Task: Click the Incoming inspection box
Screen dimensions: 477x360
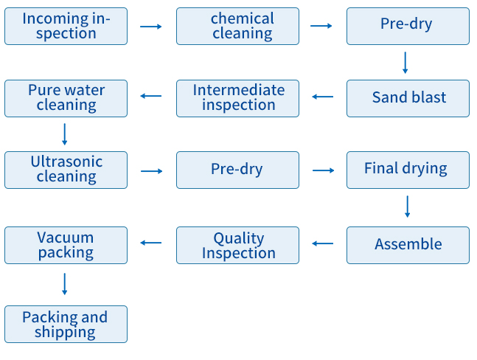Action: click(x=66, y=26)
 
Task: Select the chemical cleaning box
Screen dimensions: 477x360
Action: click(x=237, y=26)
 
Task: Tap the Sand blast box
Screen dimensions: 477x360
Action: click(x=408, y=98)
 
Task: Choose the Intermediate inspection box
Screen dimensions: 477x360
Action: click(x=237, y=98)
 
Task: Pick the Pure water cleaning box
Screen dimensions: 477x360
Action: click(x=66, y=98)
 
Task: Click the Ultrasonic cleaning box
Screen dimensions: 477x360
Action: click(x=66, y=170)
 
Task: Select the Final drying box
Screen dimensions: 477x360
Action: click(x=408, y=170)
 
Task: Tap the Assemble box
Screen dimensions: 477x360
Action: click(x=408, y=245)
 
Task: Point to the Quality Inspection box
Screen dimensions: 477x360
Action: click(x=237, y=245)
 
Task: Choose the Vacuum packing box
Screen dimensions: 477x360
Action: click(x=66, y=245)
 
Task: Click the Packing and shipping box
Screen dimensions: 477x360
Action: click(x=66, y=324)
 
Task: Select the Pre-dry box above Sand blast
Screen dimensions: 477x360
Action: click(x=408, y=26)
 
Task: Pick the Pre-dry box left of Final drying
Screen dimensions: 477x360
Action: click(x=237, y=170)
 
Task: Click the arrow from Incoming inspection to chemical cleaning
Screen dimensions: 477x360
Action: click(x=151, y=27)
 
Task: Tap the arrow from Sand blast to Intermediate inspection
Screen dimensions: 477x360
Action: click(x=322, y=97)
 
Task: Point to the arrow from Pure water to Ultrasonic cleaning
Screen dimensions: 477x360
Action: click(x=64, y=134)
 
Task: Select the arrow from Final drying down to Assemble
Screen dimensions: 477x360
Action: click(x=408, y=207)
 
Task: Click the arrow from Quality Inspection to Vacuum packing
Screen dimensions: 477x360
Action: click(x=151, y=243)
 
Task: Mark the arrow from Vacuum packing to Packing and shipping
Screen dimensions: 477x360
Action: click(x=64, y=284)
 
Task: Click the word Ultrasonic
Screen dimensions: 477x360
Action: click(x=66, y=162)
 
